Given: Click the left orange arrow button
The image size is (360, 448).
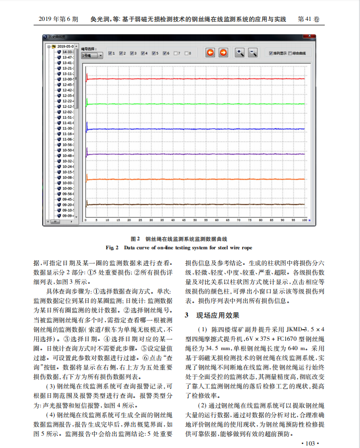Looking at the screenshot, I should pyautogui.click(x=211, y=53).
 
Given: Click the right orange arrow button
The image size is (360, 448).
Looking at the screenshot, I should pyautogui.click(x=223, y=53).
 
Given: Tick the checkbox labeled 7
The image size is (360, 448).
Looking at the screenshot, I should pyautogui.click(x=177, y=53).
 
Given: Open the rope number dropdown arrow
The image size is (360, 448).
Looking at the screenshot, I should pyautogui.click(x=100, y=56).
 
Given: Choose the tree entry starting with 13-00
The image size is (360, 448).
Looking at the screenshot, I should pyautogui.click(x=68, y=79).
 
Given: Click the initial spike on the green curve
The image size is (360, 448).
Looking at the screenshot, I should pyautogui.click(x=87, y=102).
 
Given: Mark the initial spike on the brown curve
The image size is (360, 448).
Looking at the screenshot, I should pyautogui.click(x=87, y=203).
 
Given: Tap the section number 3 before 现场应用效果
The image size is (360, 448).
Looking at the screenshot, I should pyautogui.click(x=187, y=315).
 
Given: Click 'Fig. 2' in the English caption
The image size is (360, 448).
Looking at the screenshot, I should pyautogui.click(x=112, y=247).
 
